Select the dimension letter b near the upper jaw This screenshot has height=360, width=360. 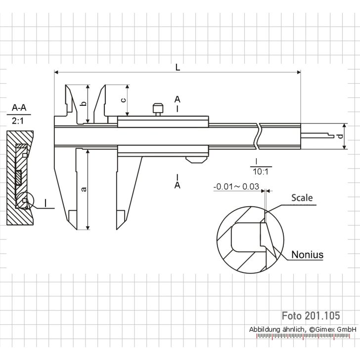pyautogui.click(x=83, y=104)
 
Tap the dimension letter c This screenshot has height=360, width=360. pyautogui.click(x=123, y=99)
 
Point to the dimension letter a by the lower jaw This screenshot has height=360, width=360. pyautogui.click(x=83, y=189)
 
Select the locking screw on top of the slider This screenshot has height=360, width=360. pyautogui.click(x=158, y=108)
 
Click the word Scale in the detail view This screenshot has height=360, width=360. pyautogui.click(x=302, y=198)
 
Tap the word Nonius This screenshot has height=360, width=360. pyautogui.click(x=307, y=255)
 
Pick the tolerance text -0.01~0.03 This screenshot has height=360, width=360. pyautogui.click(x=236, y=187)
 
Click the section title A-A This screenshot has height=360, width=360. pyautogui.click(x=20, y=107)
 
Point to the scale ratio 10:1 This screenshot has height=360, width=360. pyautogui.click(x=259, y=171)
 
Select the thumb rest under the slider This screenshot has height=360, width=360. pyautogui.click(x=196, y=159)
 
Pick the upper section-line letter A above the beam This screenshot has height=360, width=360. pyautogui.click(x=177, y=99)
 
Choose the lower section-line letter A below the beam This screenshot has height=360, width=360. pyautogui.click(x=177, y=185)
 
